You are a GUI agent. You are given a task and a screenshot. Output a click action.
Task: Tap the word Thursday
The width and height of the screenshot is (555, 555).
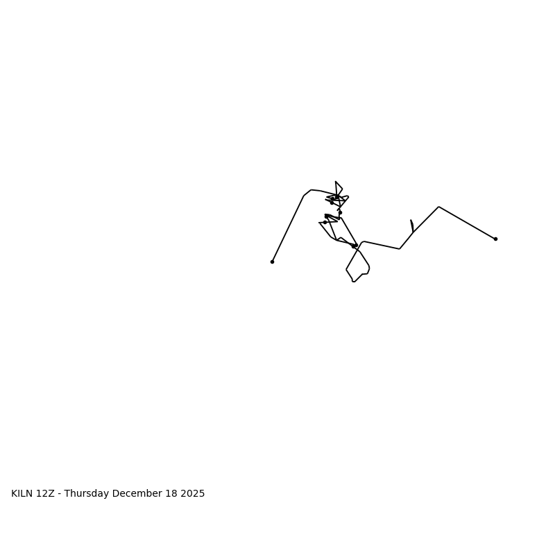pos(86,494)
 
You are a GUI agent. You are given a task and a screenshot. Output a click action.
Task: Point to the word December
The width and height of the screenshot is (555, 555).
pos(137,494)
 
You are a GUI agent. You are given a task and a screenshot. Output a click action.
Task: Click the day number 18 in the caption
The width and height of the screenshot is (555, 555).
pos(171,494)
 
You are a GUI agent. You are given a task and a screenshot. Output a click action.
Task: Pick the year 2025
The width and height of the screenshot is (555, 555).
pos(193,494)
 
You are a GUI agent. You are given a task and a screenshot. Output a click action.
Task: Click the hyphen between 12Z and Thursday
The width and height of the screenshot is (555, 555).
pos(60,494)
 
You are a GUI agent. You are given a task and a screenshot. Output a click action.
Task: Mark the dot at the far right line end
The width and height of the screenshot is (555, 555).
pos(495,239)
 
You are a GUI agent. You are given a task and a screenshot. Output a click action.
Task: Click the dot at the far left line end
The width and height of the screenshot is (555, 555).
pos(272,262)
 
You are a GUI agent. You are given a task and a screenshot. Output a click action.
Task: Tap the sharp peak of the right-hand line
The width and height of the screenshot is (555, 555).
pos(438,207)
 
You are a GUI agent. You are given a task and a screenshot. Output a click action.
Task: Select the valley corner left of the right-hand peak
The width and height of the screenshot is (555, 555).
pos(400,248)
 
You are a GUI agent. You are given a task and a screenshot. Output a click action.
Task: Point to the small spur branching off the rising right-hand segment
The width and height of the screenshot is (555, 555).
pos(411,222)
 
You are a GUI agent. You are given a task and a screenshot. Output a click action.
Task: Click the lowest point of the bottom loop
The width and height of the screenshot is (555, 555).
pos(353,281)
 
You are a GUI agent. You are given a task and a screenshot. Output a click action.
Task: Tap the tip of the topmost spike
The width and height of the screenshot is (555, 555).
pos(336,182)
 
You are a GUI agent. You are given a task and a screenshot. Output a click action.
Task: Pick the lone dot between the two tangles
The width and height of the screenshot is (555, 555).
pos(340,212)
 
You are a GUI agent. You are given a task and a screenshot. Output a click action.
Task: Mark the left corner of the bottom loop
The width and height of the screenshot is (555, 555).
pos(346,269)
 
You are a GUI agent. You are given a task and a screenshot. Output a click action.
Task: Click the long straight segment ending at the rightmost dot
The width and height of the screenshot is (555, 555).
pos(467,223)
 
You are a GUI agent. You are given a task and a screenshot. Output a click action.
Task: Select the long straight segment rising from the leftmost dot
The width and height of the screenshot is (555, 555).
pos(288,228)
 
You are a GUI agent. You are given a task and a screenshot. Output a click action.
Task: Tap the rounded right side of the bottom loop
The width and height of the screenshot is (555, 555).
pos(369,267)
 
